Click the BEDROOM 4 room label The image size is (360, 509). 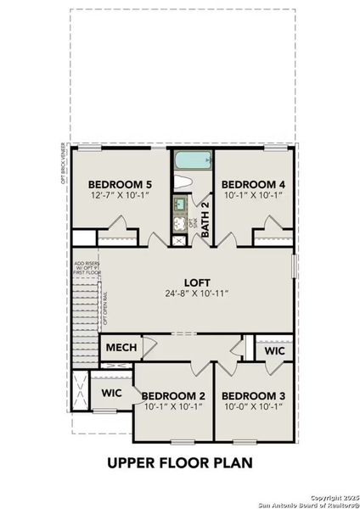(x=253, y=184)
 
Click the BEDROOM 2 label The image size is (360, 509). (x=173, y=396)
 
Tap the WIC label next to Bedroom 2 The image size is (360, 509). (x=112, y=394)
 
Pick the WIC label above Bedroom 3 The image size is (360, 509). (x=273, y=350)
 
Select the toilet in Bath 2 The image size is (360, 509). (x=183, y=182)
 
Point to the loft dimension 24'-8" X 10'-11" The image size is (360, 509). (x=198, y=294)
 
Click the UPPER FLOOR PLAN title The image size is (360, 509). (x=180, y=463)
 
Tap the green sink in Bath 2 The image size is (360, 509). (x=179, y=204)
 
